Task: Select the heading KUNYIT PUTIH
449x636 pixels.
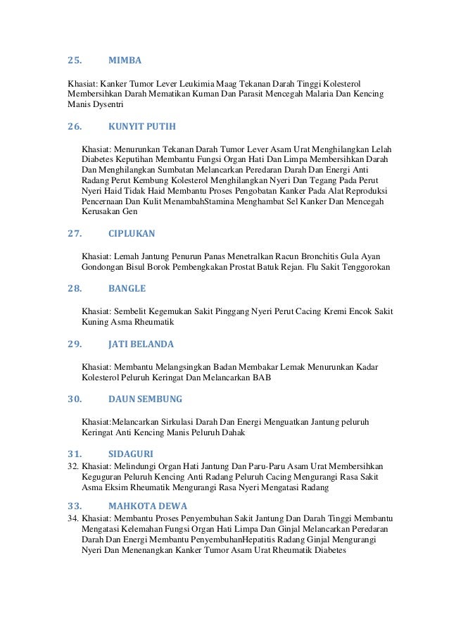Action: point(142,127)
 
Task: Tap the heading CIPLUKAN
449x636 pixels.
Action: point(132,233)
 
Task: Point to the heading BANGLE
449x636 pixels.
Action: point(127,289)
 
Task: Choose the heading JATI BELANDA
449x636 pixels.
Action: point(141,344)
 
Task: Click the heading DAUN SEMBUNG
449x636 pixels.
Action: point(145,399)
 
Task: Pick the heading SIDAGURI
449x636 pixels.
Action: point(131,454)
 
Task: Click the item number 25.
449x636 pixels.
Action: point(74,61)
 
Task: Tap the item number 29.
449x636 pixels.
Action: point(74,344)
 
